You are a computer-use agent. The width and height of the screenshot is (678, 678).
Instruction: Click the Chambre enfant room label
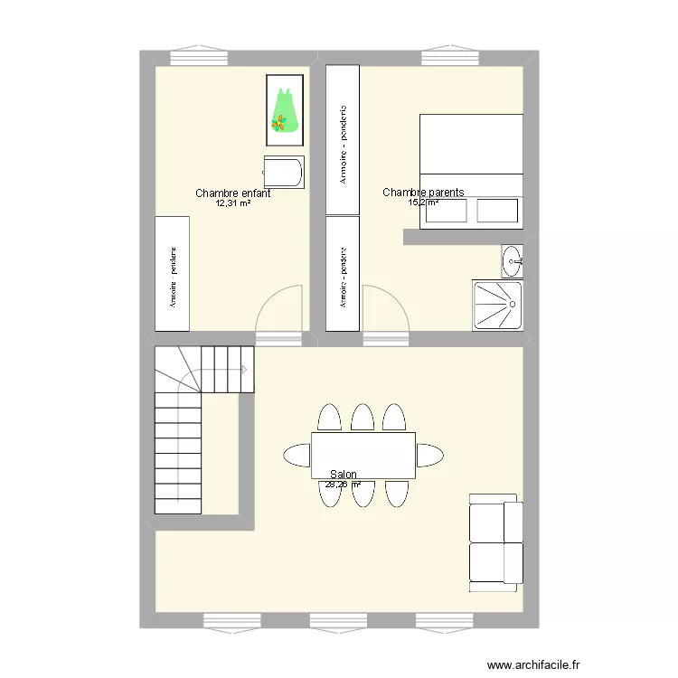[233, 193]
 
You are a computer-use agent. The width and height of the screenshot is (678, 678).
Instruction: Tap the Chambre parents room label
[423, 193]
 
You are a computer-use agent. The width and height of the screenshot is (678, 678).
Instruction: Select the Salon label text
[344, 475]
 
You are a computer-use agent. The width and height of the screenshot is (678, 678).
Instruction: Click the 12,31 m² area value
[233, 203]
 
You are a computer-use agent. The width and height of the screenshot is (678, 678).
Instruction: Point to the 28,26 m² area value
[344, 485]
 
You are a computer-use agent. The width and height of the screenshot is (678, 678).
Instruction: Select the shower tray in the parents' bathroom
[497, 305]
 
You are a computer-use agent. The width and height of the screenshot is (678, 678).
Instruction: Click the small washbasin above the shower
[513, 260]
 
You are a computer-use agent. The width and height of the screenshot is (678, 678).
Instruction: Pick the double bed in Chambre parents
[471, 170]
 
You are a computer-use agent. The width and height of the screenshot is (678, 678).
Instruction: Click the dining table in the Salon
[363, 455]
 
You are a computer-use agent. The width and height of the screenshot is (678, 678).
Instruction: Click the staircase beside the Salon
[190, 425]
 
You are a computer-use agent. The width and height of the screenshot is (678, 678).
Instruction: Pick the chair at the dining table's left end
[297, 454]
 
